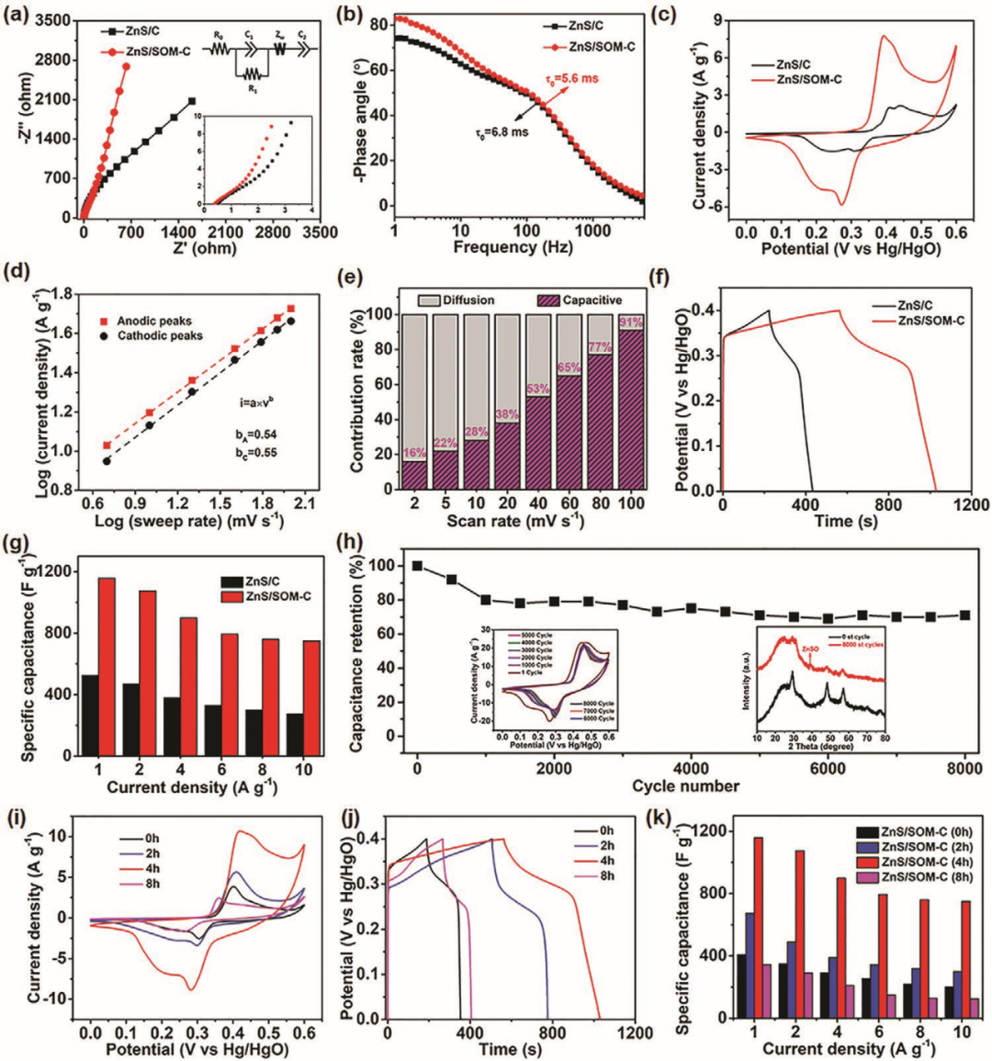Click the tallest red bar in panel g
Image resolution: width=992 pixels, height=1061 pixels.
[x=107, y=666]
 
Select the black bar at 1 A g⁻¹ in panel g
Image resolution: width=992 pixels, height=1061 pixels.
[x=90, y=715]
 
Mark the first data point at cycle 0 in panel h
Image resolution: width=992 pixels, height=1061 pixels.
[x=417, y=566]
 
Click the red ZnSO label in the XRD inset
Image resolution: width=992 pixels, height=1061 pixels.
[x=810, y=649]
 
